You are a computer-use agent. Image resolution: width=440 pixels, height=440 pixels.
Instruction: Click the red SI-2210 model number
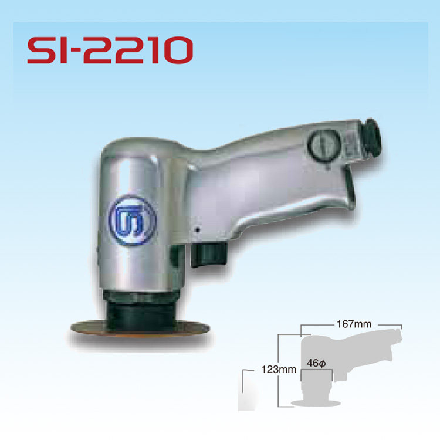click(x=110, y=50)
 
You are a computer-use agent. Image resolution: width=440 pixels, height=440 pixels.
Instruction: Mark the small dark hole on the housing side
click(x=198, y=229)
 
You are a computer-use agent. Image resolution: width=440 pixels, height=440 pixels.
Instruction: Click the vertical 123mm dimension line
click(x=279, y=370)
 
